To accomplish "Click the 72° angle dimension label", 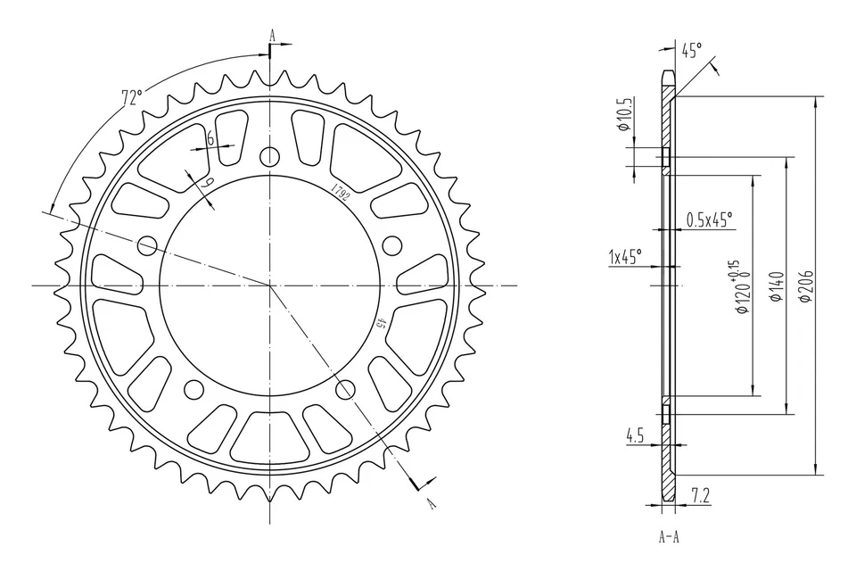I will (131, 97).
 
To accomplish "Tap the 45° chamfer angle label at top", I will (691, 51).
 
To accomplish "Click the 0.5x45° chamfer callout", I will (709, 219).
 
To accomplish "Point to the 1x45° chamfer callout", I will (625, 257).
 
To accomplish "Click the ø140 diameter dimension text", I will (775, 285).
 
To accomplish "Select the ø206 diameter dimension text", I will (805, 285).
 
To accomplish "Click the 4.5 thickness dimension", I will (635, 435).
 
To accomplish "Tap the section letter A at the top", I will (273, 37).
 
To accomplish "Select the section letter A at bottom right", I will (432, 503).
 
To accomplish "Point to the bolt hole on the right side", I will (391, 245).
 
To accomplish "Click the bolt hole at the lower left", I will (193, 389).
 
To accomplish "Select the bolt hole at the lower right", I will (345, 388).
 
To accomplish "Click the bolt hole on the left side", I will (148, 245).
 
